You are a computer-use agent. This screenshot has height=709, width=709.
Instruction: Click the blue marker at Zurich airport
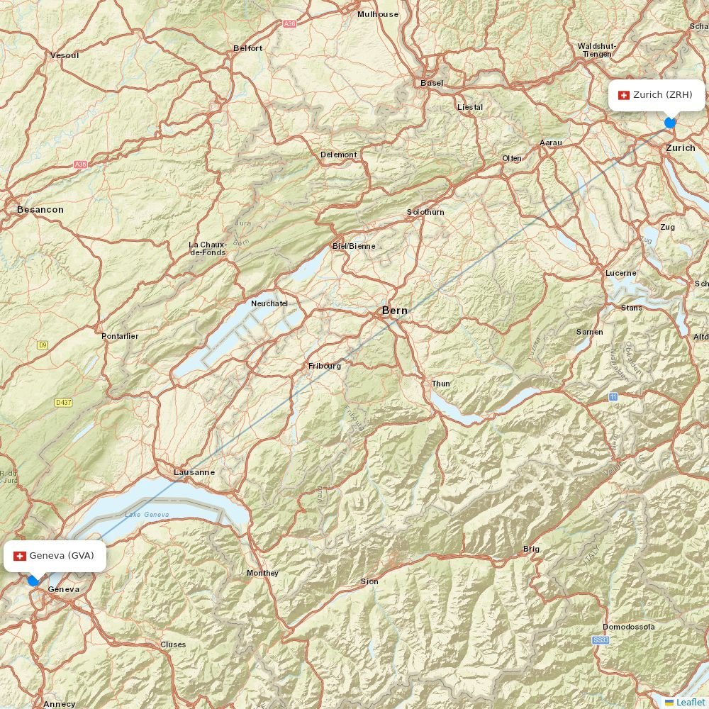(670, 123)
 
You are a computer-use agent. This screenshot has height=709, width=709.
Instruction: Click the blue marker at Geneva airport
(33, 581)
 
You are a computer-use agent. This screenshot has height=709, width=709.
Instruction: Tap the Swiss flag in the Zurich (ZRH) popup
(624, 95)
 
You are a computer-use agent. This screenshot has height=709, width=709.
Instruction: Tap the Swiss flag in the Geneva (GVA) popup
(20, 556)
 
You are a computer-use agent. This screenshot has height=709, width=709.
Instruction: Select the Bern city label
(395, 311)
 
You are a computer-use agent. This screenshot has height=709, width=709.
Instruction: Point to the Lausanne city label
(194, 472)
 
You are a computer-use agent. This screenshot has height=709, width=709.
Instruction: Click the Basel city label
(432, 83)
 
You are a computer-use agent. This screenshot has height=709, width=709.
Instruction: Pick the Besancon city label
(40, 210)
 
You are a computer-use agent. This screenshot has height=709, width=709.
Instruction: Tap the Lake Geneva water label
(147, 514)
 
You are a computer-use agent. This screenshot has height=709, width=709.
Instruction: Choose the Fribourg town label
(325, 366)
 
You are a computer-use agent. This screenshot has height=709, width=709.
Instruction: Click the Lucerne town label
(621, 273)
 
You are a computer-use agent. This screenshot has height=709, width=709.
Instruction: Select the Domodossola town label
(629, 627)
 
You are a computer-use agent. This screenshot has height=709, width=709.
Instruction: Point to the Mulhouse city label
(378, 14)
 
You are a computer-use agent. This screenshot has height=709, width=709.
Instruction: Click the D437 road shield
(63, 403)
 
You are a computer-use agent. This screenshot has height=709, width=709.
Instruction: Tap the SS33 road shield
(601, 640)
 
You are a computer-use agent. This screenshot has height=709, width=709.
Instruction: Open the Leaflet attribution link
(691, 702)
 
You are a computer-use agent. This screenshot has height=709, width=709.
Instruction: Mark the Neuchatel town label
(269, 303)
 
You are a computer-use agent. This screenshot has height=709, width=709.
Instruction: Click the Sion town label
(369, 581)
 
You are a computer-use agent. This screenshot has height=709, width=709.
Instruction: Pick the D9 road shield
(43, 345)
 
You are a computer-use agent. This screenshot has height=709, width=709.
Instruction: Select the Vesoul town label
(65, 55)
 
